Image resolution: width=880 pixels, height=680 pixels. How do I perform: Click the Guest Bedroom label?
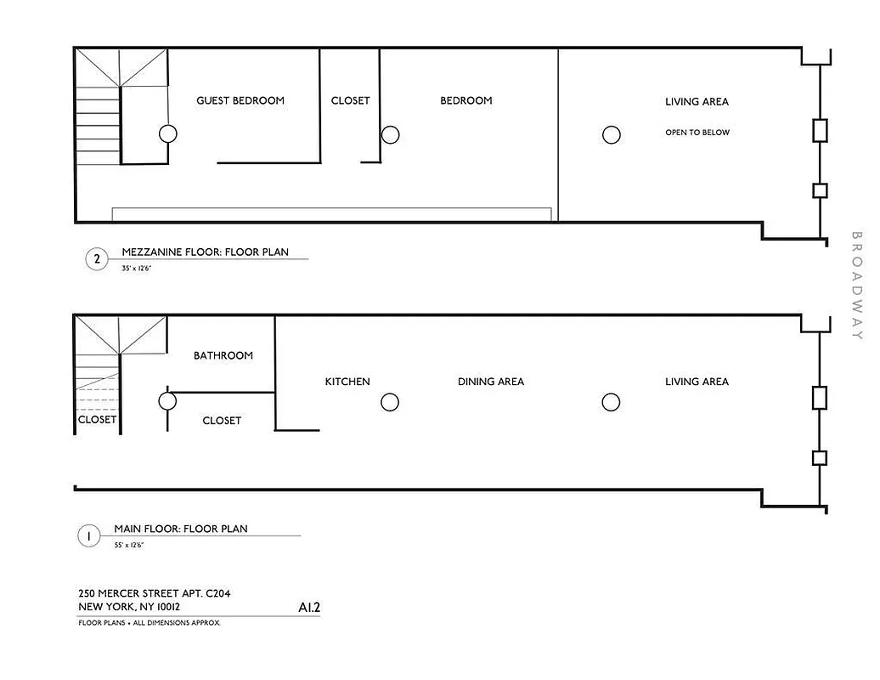pos(240,100)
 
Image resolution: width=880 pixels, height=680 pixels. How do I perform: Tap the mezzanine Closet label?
pos(350,100)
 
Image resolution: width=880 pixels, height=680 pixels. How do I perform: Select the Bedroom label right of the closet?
pos(465,100)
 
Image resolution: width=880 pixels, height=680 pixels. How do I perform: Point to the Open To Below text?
pos(697,133)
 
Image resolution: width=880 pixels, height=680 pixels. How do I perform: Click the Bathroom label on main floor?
pos(223,355)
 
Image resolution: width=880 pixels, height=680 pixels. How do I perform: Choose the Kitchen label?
pos(347,382)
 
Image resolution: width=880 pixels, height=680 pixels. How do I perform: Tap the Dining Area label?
pos(491,382)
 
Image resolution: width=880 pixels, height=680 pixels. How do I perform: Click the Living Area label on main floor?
pos(697,382)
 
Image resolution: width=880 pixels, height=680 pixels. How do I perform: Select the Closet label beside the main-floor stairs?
pos(97,420)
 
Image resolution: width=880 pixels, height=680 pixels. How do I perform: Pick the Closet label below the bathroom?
pos(222,421)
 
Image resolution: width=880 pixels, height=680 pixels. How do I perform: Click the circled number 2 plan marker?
pos(97,260)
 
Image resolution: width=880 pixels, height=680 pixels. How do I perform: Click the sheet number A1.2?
pos(309,608)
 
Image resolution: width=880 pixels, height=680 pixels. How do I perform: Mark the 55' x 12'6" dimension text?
pos(129,545)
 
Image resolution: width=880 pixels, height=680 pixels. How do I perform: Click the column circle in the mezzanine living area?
pos(611,134)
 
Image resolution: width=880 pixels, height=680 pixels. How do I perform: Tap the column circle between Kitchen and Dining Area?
pos(390,402)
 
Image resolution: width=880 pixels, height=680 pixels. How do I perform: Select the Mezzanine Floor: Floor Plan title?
pos(205,252)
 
